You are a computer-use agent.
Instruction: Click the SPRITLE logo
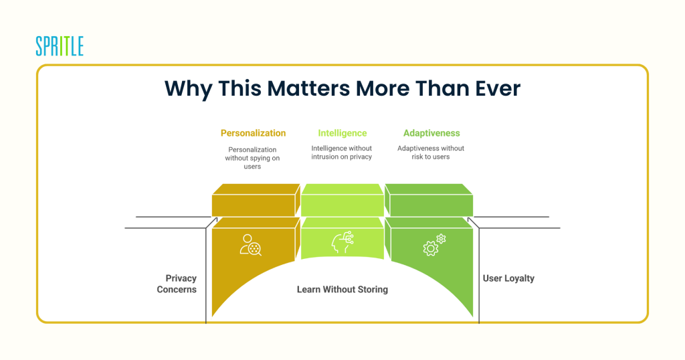coord(60,46)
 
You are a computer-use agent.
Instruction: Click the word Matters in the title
coord(308,88)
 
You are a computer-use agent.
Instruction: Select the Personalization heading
coord(253,132)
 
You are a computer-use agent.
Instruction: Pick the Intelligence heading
coord(342,132)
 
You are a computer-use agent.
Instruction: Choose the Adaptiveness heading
coord(431,132)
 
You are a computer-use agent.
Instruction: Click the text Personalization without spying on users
coord(252,158)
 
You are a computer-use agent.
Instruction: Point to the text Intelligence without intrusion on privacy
coord(342,153)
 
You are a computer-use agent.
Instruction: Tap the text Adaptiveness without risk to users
coord(431,153)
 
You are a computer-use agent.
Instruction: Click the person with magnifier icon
coord(250,245)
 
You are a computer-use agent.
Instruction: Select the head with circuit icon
coord(342,242)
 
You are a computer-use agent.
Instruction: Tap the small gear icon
coord(441,238)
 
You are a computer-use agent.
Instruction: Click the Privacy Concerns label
coord(177,284)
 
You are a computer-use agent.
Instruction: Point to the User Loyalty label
coord(508,278)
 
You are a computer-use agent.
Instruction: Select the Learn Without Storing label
coord(342,289)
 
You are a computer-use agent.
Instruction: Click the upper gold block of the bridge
coord(256,200)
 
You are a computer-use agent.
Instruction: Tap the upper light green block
coord(342,200)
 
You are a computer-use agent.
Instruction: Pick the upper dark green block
coord(429,200)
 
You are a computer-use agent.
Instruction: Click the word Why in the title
coord(188,89)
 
